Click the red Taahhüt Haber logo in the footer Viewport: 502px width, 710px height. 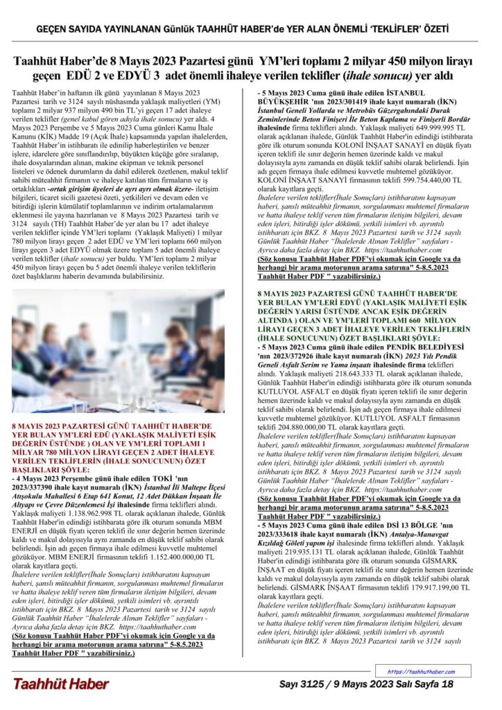pos(60,684)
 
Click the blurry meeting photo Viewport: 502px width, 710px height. pos(118,351)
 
